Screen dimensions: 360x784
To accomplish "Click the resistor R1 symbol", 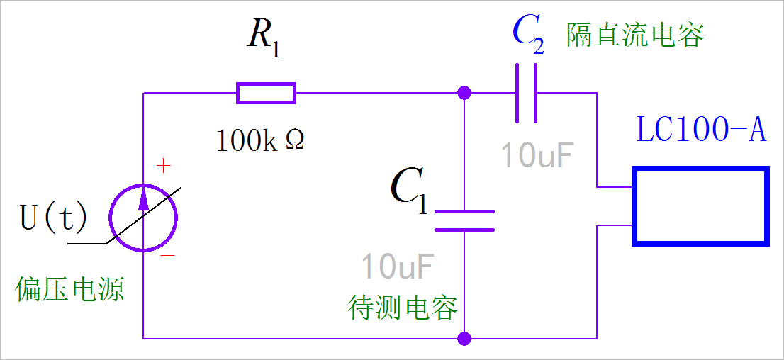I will pos(266,93).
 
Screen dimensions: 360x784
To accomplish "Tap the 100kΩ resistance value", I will pos(260,141).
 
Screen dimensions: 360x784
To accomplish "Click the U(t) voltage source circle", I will pos(144,218).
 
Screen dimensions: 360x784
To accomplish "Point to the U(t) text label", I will pos(54,218).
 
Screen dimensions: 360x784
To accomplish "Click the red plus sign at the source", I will pos(164,167).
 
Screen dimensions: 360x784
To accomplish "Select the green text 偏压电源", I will pos(70,289).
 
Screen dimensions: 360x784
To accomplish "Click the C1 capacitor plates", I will pos(464,220).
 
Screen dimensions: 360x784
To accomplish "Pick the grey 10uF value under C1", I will pos(397,266).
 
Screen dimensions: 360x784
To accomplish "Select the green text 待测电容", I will pos(403,308).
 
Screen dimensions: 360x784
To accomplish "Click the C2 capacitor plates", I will pos(526,93).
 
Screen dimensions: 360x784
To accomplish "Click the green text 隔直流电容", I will pos(635,35).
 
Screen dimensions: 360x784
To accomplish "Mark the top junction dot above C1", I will pos(464,93).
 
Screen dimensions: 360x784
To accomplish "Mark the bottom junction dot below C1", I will pos(464,338).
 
